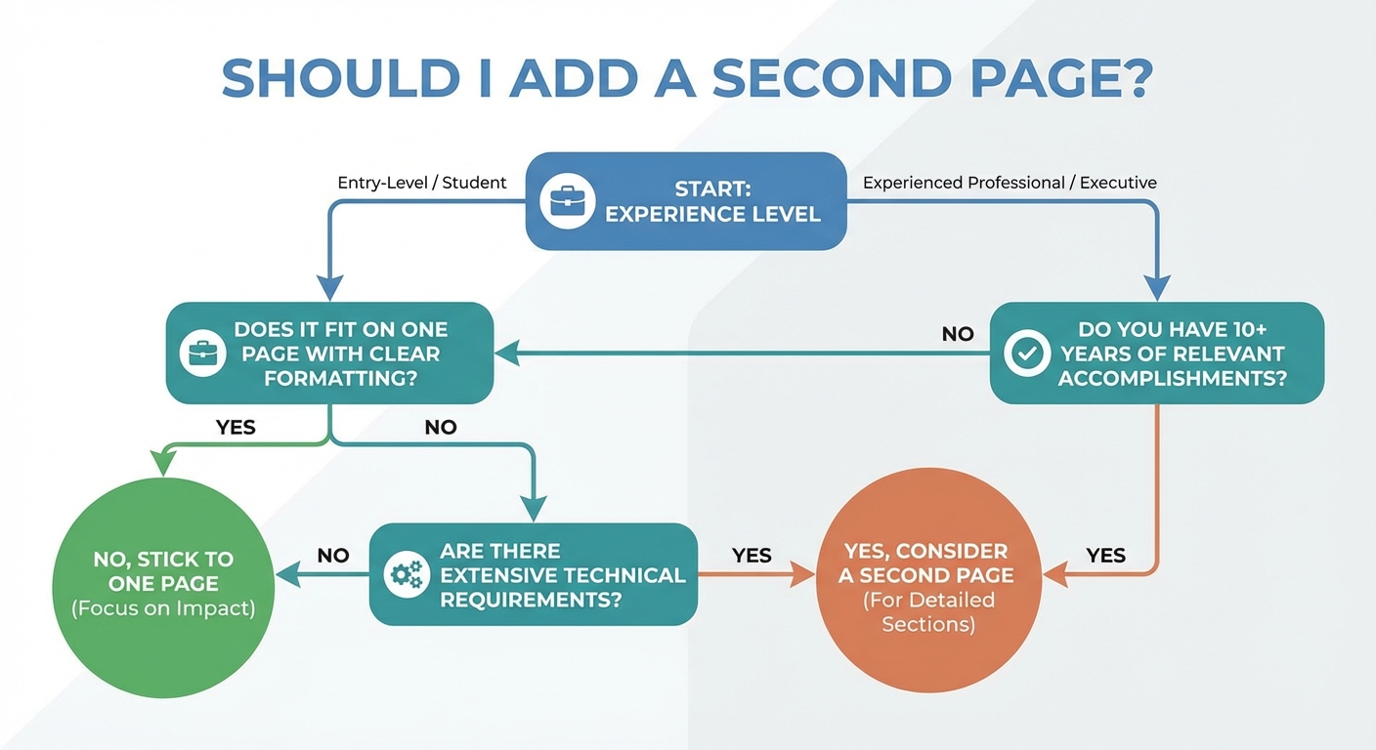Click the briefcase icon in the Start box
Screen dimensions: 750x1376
(568, 201)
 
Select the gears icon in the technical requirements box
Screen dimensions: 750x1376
(405, 574)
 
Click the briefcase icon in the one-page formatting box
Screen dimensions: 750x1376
(203, 354)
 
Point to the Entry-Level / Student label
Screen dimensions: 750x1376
(422, 183)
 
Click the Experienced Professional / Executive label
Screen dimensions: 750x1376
(1010, 183)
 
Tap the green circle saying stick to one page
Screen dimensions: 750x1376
(163, 583)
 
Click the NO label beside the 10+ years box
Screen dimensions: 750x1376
(958, 334)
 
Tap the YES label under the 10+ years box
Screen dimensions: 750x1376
(1106, 556)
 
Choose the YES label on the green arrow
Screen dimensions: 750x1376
(235, 427)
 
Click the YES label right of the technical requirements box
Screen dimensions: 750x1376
(752, 556)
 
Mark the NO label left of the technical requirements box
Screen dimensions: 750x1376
(333, 556)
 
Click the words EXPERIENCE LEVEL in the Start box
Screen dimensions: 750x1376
(712, 214)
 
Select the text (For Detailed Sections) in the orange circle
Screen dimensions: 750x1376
(928, 611)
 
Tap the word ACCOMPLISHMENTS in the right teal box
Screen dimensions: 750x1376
(1172, 378)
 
